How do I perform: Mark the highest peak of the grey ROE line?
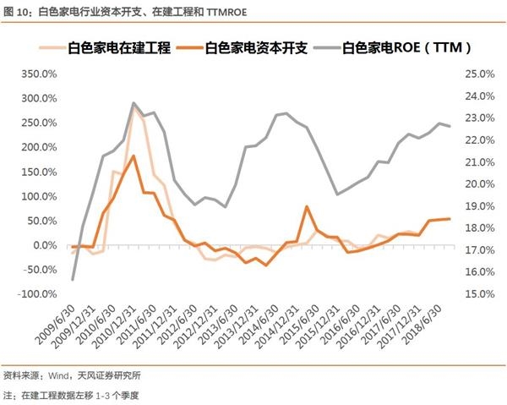pos(134,103)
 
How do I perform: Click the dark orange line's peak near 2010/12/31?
pos(134,156)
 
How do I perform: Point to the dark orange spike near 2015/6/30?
pos(307,206)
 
